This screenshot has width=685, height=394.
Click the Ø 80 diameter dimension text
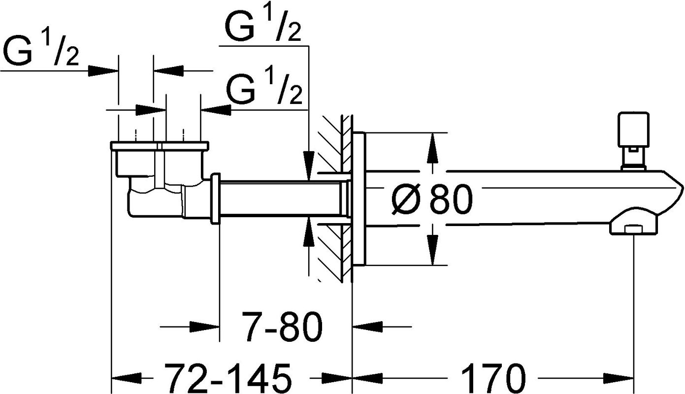click(x=432, y=199)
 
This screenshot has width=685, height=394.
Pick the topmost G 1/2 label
click(x=262, y=25)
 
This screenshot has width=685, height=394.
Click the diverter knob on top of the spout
click(x=633, y=141)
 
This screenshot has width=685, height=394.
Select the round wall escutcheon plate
click(x=359, y=199)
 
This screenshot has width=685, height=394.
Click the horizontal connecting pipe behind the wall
click(x=281, y=199)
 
